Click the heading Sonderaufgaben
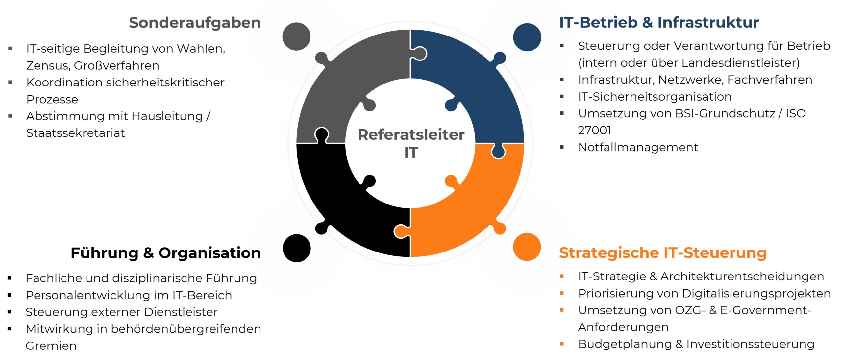pyautogui.click(x=195, y=23)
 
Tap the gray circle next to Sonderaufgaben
pyautogui.click(x=296, y=36)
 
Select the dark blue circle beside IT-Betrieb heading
pyautogui.click(x=527, y=37)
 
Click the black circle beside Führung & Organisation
pyautogui.click(x=296, y=248)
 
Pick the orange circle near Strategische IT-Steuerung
pyautogui.click(x=527, y=247)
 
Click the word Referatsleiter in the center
pyautogui.click(x=411, y=135)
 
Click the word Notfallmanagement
pyautogui.click(x=638, y=147)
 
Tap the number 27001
pyautogui.click(x=594, y=131)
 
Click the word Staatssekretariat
pyautogui.click(x=75, y=133)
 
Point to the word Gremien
pyautogui.click(x=51, y=346)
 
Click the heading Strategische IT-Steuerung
pyautogui.click(x=663, y=253)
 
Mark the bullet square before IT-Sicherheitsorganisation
pyautogui.click(x=562, y=97)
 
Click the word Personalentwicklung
pyautogui.click(x=89, y=295)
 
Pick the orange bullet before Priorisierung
pyautogui.click(x=562, y=293)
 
